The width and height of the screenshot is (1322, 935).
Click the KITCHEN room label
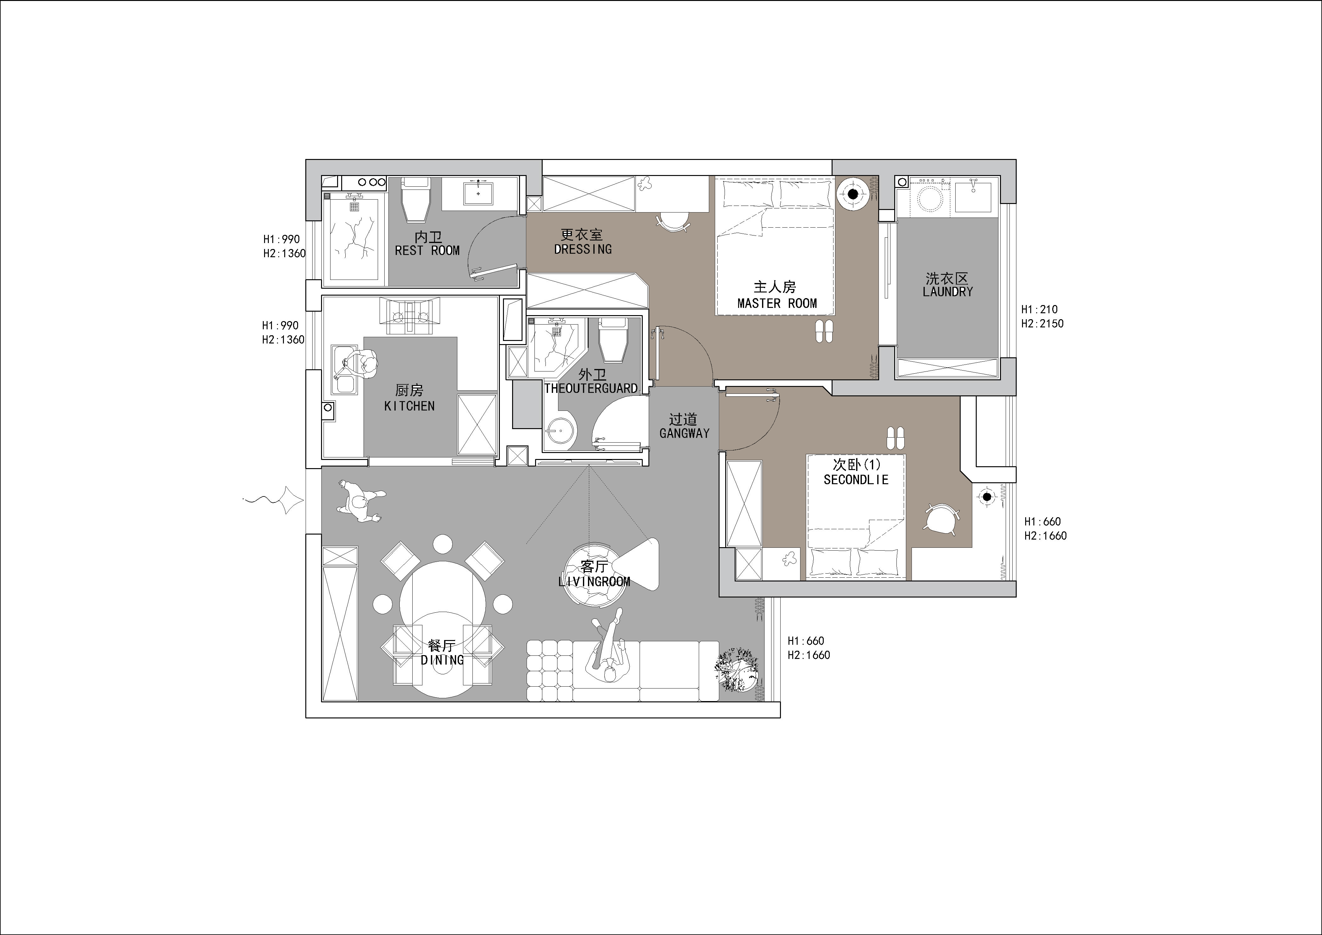[x=410, y=406]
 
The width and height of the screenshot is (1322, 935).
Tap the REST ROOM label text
[x=427, y=251]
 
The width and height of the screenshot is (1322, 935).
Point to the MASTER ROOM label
[x=777, y=303]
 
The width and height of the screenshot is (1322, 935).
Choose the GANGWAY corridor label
[x=684, y=433]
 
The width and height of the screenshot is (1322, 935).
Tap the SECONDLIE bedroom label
[x=856, y=479]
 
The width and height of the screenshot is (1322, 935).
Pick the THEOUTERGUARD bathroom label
[x=591, y=388]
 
